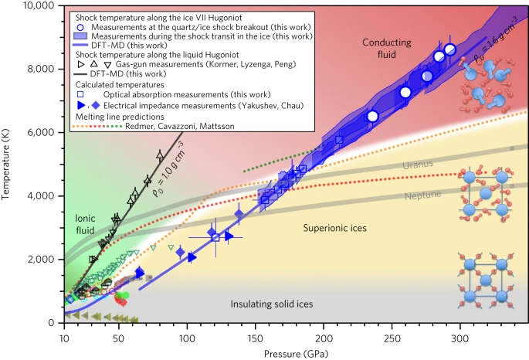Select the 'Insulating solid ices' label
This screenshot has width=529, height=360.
coord(272,304)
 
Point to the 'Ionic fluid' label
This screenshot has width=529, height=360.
coord(85,225)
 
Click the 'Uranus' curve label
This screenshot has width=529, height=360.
coord(420,165)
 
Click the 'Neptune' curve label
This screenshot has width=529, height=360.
coord(422,195)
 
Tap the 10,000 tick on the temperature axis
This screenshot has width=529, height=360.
coord(36,5)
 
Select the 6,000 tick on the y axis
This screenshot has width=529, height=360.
coord(39,132)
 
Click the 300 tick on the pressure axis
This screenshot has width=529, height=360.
coord(459,337)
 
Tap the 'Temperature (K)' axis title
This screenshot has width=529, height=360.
coord(7,164)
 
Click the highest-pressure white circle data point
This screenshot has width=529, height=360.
coord(450,49)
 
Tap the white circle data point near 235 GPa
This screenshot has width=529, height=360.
coord(372,116)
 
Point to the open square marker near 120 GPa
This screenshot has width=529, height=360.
coord(216,237)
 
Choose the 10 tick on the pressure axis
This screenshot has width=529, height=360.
coord(63,337)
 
